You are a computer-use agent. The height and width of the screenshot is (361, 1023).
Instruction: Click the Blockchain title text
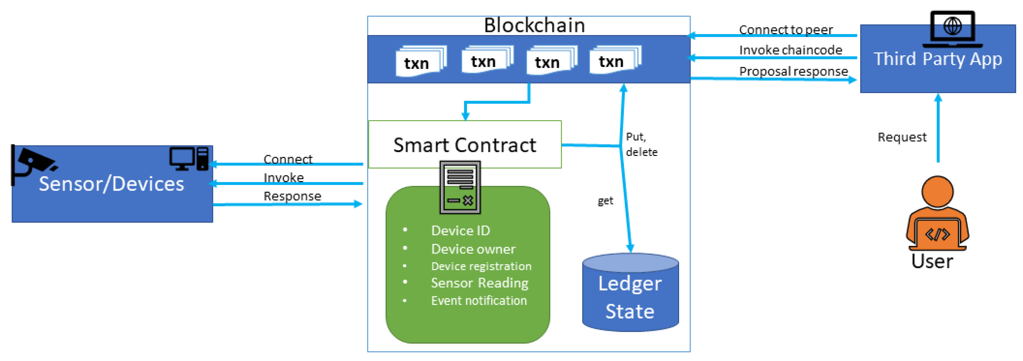coord(534,25)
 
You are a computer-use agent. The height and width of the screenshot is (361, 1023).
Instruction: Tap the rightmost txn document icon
coord(615,60)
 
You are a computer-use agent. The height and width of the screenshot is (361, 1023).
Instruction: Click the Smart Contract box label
coord(465,145)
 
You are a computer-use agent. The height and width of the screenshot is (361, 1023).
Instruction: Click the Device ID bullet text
coord(461,231)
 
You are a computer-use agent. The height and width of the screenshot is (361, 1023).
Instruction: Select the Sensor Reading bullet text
coord(480,283)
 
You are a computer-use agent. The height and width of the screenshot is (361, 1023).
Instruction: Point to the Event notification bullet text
coord(479,301)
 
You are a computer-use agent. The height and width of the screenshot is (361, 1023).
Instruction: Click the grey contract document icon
coord(460,187)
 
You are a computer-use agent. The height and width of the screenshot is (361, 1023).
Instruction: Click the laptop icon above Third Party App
coord(952,28)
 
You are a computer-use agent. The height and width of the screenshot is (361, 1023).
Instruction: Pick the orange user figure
coord(937,214)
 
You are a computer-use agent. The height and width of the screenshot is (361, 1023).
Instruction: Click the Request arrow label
coord(902,137)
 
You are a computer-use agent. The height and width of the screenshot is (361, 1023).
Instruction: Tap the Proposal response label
coord(793,71)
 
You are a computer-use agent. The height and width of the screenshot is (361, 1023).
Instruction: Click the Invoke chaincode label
coord(790,50)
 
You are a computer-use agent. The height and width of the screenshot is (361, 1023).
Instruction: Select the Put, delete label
coord(641,144)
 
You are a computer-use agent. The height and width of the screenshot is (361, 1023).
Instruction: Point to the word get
coord(605,201)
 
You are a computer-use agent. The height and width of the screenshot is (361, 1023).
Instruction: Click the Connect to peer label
coord(786,30)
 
